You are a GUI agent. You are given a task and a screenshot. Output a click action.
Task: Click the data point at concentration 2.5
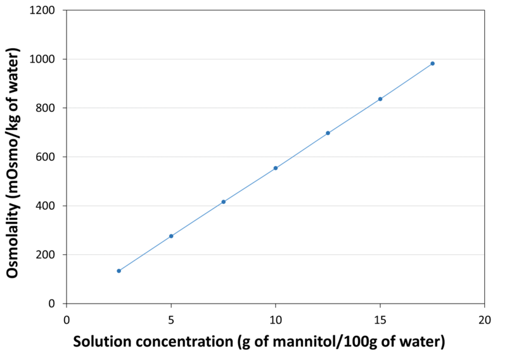point(119,271)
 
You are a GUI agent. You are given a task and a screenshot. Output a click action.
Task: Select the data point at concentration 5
point(171,236)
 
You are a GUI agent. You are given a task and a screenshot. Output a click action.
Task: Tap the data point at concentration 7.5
point(223,202)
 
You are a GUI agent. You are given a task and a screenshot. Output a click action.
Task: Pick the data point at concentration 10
point(276,168)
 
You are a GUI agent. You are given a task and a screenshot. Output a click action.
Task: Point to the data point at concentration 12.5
point(328,133)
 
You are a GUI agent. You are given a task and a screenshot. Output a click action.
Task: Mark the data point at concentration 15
point(380,99)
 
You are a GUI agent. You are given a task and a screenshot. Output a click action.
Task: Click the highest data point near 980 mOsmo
point(432,63)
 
